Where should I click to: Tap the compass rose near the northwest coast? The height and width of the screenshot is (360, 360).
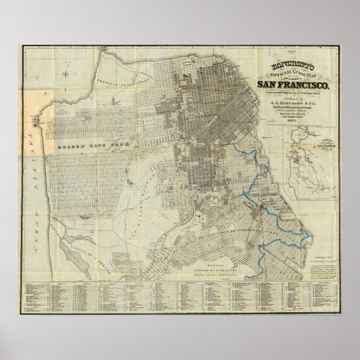[x=66, y=72]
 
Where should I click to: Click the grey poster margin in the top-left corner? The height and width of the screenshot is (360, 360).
[x=8, y=8]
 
